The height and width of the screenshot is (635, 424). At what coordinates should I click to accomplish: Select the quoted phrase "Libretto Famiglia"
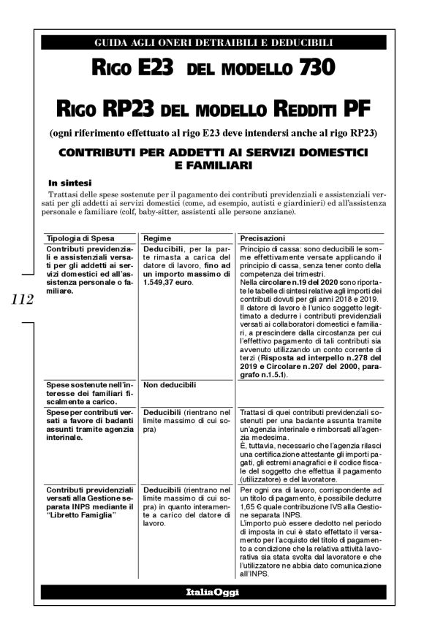(83, 516)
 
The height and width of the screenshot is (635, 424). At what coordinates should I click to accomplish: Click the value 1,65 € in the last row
(253, 506)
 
